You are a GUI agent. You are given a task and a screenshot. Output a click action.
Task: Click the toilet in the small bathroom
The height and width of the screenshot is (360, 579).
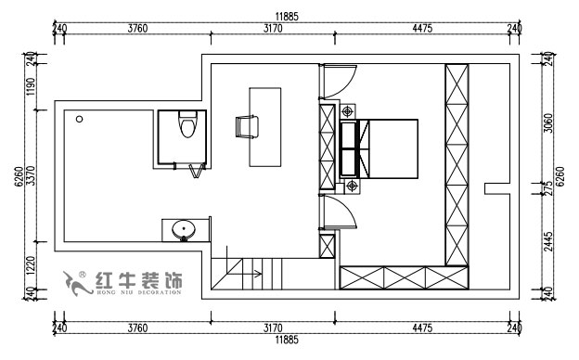pos(187,123)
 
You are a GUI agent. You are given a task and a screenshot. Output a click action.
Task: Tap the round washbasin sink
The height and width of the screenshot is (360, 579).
pos(185,227)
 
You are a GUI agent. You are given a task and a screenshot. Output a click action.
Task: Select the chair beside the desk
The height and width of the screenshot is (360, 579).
pos(246,126)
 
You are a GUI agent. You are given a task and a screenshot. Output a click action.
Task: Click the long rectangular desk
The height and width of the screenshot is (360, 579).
pos(265,126)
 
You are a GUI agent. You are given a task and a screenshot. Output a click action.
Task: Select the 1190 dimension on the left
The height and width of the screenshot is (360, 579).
pos(31,88)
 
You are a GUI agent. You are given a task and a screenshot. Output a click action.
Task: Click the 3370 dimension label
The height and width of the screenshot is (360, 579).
pos(31,173)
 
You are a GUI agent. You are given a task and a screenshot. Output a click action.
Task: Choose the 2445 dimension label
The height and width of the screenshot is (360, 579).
pos(547,242)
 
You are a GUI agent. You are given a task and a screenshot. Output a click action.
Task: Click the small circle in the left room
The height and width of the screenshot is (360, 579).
pos(80,120)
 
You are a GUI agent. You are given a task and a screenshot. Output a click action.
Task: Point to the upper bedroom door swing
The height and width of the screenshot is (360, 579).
pos(336,82)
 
